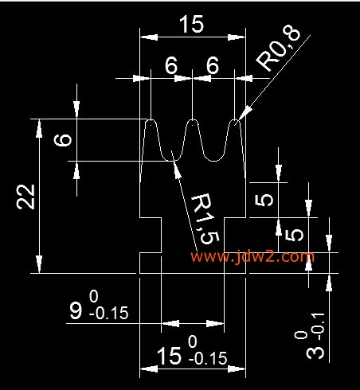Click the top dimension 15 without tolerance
pyautogui.click(x=192, y=24)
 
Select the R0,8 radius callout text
pyautogui.click(x=279, y=49)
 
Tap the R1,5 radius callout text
pyautogui.click(x=205, y=218)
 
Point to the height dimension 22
pyautogui.click(x=25, y=197)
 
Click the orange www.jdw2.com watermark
pyautogui.click(x=252, y=256)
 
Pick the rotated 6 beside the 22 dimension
pyautogui.click(x=63, y=140)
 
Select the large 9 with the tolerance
pyautogui.click(x=76, y=310)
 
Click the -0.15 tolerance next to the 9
pyautogui.click(x=109, y=314)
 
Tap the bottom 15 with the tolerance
pyautogui.click(x=169, y=356)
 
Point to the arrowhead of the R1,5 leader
pyautogui.click(x=176, y=166)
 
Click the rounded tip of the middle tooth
pyautogui.click(x=192, y=120)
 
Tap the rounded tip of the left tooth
pyautogui.click(x=151, y=120)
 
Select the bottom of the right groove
pyautogui.click(x=213, y=161)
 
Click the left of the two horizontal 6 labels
pyautogui.click(x=171, y=65)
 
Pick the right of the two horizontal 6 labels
pyautogui.click(x=213, y=65)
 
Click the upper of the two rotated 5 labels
pyautogui.click(x=264, y=200)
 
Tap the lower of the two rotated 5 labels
pyautogui.click(x=294, y=235)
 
